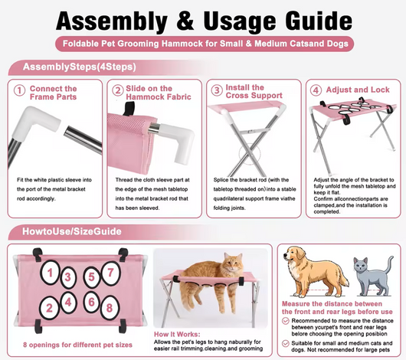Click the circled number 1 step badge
[19, 91]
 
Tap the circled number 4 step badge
[316, 90]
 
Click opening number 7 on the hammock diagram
[110, 273]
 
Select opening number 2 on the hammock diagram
[49, 308]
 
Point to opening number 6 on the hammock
[91, 302]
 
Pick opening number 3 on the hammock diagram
[68, 277]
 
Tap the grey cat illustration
[373, 275]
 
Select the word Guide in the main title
[318, 21]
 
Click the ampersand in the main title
[185, 21]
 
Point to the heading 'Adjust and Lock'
[358, 90]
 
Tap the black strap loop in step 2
[129, 108]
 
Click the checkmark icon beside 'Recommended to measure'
[285, 321]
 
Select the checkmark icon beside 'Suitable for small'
[285, 344]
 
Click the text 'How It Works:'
[177, 334]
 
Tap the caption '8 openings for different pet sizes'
[77, 345]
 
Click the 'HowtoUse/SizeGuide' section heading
[72, 231]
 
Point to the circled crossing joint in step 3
[250, 154]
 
